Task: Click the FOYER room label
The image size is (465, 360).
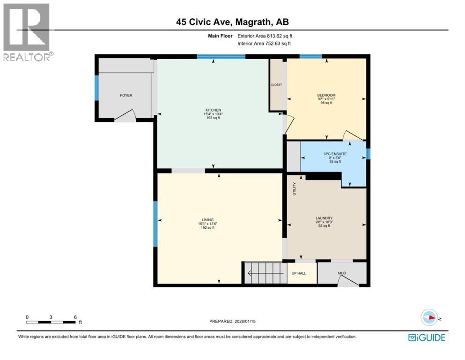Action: tap(126, 95)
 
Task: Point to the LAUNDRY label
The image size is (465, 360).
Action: tap(324, 218)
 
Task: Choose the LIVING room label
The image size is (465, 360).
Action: tap(207, 220)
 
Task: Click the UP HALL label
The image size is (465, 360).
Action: tap(299, 273)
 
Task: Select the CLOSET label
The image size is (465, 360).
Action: tap(276, 85)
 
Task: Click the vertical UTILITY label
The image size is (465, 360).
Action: tap(295, 188)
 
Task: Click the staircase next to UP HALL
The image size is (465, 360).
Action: tap(265, 273)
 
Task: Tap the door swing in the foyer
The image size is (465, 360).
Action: tap(125, 115)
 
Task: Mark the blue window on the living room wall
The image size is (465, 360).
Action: tap(155, 224)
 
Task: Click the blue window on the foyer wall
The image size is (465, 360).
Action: tap(97, 88)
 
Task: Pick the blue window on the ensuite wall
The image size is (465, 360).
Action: tap(368, 154)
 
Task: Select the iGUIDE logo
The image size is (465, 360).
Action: tap(427, 337)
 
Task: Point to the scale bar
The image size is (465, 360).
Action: tap(51, 322)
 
